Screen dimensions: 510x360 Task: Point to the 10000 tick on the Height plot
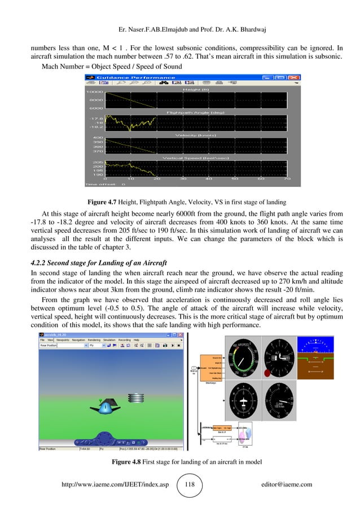(x=95, y=91)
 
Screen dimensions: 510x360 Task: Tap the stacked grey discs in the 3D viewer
(x=137, y=398)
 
